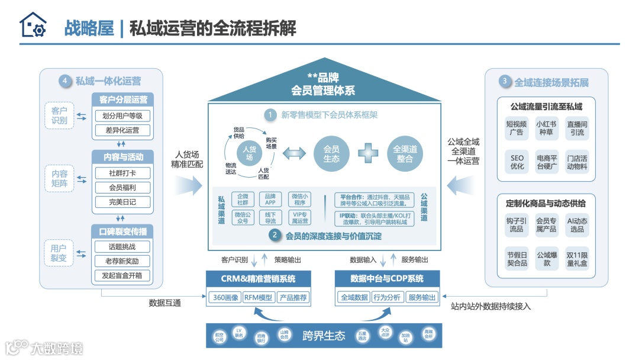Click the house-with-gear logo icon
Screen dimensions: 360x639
[33, 26]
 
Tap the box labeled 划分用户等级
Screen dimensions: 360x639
[122, 116]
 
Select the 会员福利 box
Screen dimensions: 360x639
[122, 188]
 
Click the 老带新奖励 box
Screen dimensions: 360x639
[122, 261]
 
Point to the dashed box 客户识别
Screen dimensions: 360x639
[59, 115]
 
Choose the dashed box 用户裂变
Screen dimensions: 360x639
[59, 255]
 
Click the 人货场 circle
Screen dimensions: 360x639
[249, 153]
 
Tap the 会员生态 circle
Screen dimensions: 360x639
[331, 153]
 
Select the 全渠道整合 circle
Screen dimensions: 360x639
[405, 153]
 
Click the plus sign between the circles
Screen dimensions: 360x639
[367, 153]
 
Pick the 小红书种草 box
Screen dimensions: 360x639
[546, 128]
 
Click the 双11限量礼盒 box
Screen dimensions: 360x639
[576, 258]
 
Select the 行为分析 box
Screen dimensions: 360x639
[388, 298]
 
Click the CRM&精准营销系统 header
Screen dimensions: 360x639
[259, 279]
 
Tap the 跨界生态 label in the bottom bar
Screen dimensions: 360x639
[323, 336]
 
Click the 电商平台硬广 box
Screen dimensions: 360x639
[546, 162]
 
